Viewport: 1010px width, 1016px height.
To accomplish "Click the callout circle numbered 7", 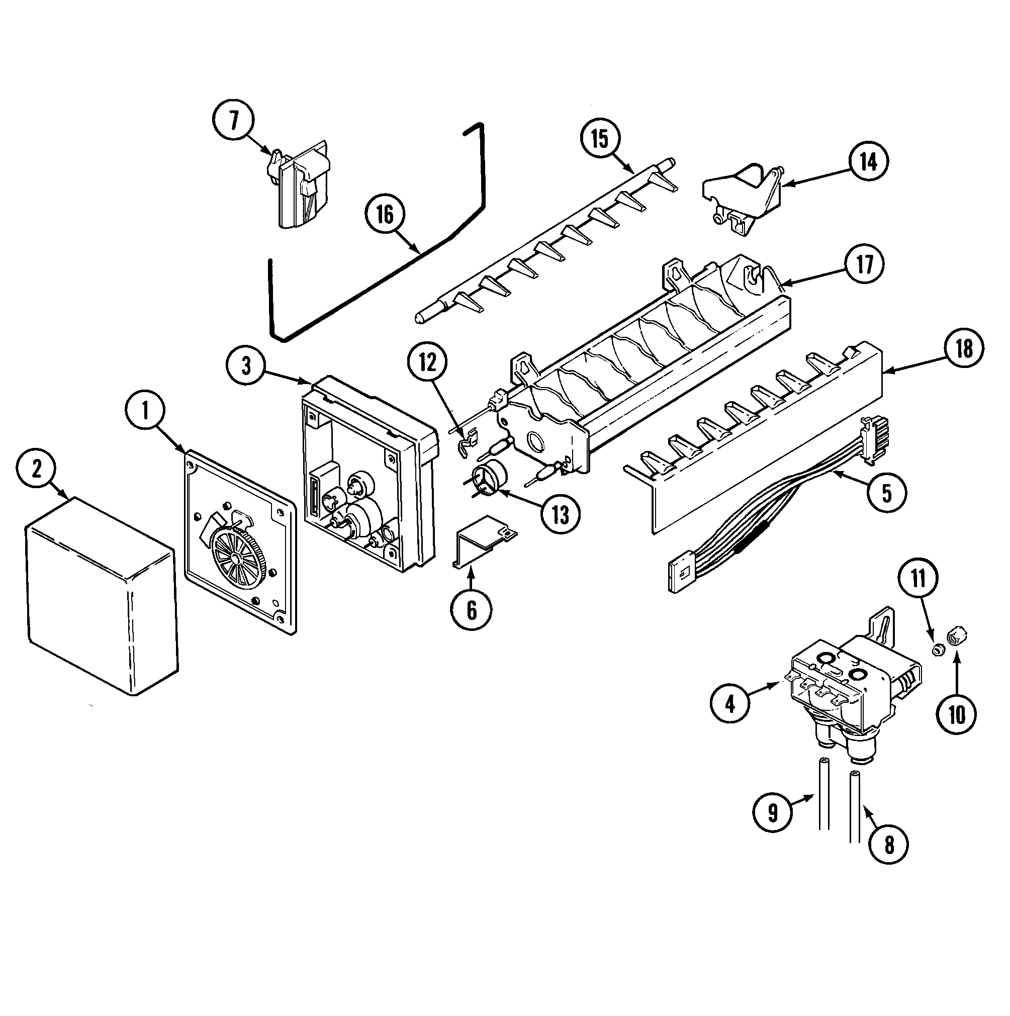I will pos(233,121).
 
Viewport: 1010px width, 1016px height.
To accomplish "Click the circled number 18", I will pos(964,349).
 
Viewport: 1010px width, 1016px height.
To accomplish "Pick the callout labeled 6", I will pos(471,610).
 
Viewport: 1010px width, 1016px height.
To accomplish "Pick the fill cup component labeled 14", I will pos(742,197).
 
